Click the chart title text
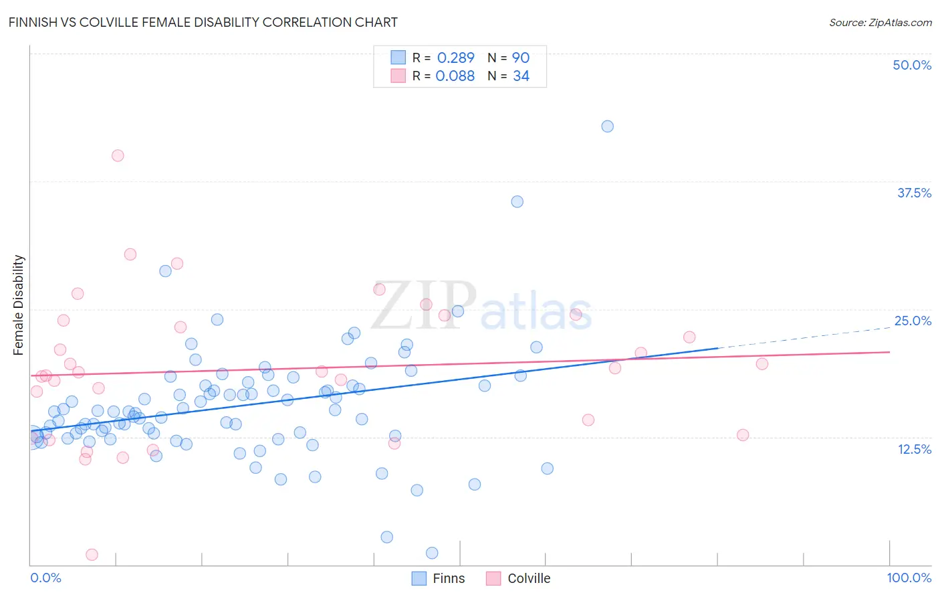[203, 23]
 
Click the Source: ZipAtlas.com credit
[880, 23]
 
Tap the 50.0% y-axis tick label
[912, 65]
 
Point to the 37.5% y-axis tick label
[914, 193]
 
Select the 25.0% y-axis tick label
[913, 321]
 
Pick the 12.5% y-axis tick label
[914, 449]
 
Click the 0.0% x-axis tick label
[45, 578]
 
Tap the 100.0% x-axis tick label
[909, 578]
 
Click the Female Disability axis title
[19, 305]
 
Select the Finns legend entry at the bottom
[448, 578]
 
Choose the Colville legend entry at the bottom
[528, 578]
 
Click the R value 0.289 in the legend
[455, 58]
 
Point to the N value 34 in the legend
[521, 76]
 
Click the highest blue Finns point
[607, 126]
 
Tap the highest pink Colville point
[118, 155]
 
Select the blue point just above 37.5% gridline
[517, 201]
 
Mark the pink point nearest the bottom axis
[92, 555]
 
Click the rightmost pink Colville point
[762, 364]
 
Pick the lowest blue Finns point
[432, 553]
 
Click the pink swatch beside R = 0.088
[398, 76]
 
